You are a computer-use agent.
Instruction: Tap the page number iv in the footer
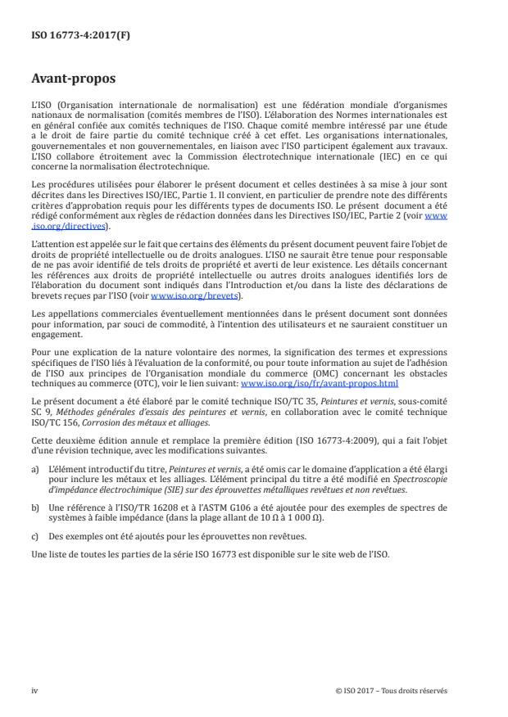[34, 690]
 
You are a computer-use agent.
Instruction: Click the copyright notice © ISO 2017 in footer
[392, 690]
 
